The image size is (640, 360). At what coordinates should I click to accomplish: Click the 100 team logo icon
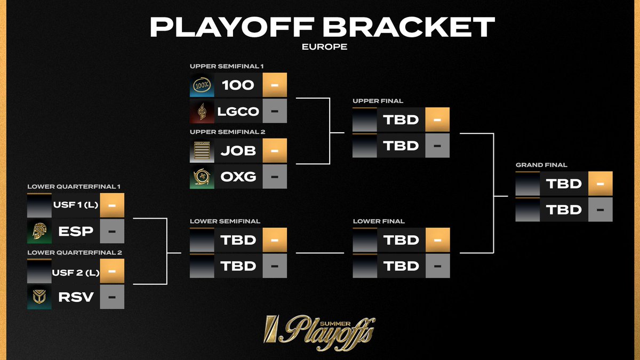202,85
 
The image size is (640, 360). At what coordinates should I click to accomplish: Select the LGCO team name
238,111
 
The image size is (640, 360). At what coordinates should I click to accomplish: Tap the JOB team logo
202,151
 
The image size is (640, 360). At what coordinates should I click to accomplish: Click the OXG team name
238,177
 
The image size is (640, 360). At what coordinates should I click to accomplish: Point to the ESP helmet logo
39,232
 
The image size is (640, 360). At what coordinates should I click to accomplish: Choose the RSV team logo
39,297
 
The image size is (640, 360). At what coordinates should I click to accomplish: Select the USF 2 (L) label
76,271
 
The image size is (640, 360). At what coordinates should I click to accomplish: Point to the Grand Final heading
541,165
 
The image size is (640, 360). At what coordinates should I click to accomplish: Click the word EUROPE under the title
324,47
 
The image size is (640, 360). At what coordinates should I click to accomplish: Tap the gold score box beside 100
275,85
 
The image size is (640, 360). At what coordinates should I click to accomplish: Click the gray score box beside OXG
275,177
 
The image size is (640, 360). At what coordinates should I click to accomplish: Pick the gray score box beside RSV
112,297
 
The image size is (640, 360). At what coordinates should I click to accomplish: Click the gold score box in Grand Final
600,184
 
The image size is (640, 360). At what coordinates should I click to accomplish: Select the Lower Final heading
379,221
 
